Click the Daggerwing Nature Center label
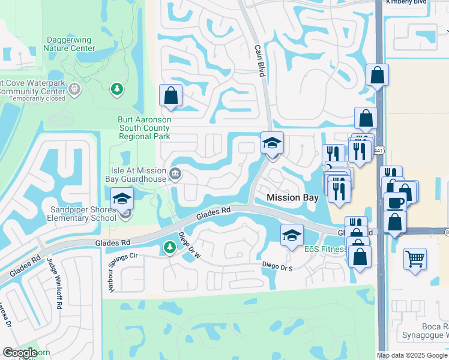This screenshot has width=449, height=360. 70,44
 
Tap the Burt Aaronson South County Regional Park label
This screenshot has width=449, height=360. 144,128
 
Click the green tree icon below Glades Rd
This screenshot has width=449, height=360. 169,247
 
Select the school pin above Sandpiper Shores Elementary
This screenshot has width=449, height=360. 122,199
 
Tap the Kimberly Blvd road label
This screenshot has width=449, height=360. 406,2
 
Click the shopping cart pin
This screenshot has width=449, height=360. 415,259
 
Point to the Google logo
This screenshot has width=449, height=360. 20,353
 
